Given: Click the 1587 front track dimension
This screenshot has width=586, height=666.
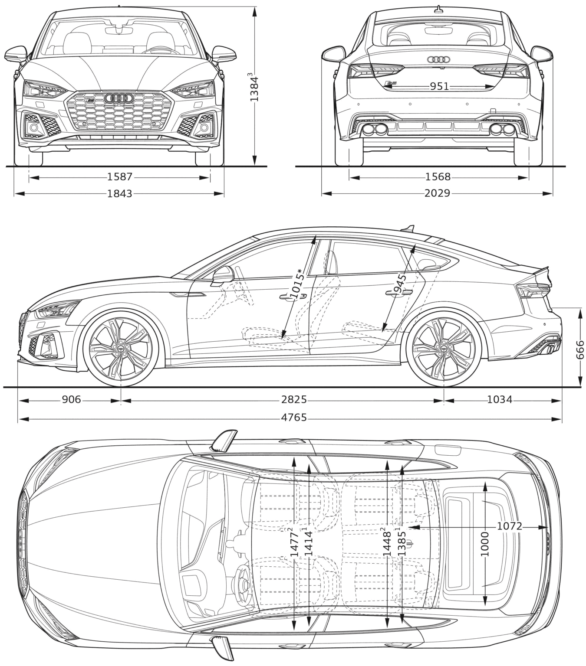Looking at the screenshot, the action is (119, 177).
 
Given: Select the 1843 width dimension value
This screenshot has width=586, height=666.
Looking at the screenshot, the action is (119, 194).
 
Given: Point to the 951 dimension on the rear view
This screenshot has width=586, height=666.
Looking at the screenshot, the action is (440, 86).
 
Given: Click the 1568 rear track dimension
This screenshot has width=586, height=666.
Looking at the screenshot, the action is (438, 177).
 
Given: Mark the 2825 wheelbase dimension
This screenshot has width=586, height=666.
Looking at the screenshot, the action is (294, 400).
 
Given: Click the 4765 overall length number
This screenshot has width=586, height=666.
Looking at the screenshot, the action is (294, 418).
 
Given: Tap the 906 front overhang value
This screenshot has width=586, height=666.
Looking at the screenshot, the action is (71, 399).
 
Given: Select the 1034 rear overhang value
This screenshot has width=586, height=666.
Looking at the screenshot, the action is (500, 399).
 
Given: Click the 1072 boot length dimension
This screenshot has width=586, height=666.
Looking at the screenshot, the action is (509, 526).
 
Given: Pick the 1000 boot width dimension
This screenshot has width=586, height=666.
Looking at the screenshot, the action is (485, 544).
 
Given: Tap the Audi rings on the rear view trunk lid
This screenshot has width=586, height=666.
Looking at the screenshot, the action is (438, 59).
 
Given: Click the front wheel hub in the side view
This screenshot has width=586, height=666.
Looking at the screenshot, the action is (121, 349).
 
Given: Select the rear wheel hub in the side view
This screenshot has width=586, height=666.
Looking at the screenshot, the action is (444, 349).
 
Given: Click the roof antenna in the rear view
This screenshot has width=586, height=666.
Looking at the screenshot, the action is (438, 10).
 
